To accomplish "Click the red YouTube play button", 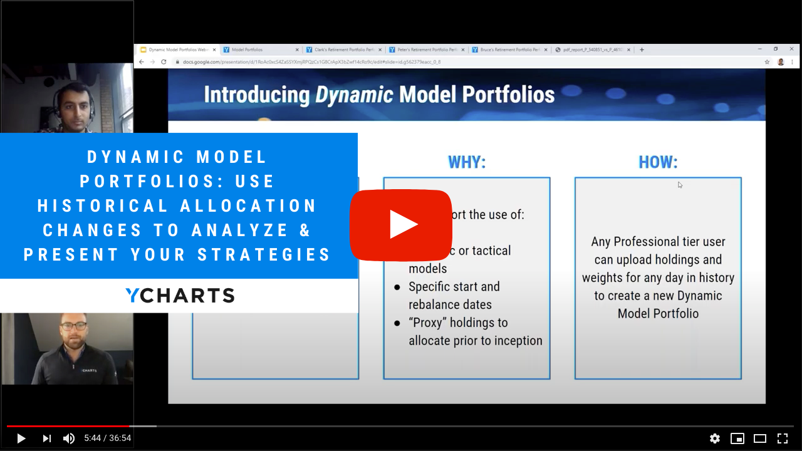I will point(401,224).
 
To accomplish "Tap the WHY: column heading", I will point(467,162).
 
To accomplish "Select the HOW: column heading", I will point(658,162).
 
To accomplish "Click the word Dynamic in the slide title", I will point(354,95).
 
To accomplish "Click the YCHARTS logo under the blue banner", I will point(180,296).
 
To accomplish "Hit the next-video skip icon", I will point(46,438).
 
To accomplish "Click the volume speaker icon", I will point(69,438).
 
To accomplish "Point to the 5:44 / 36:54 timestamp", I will point(108,438).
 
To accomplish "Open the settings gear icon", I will point(714,438).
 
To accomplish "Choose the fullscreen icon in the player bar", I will point(783,438).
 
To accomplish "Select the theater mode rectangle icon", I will point(760,438).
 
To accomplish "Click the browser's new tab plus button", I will point(642,49).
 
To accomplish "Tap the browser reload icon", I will point(164,62).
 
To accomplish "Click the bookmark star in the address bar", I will point(767,62).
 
